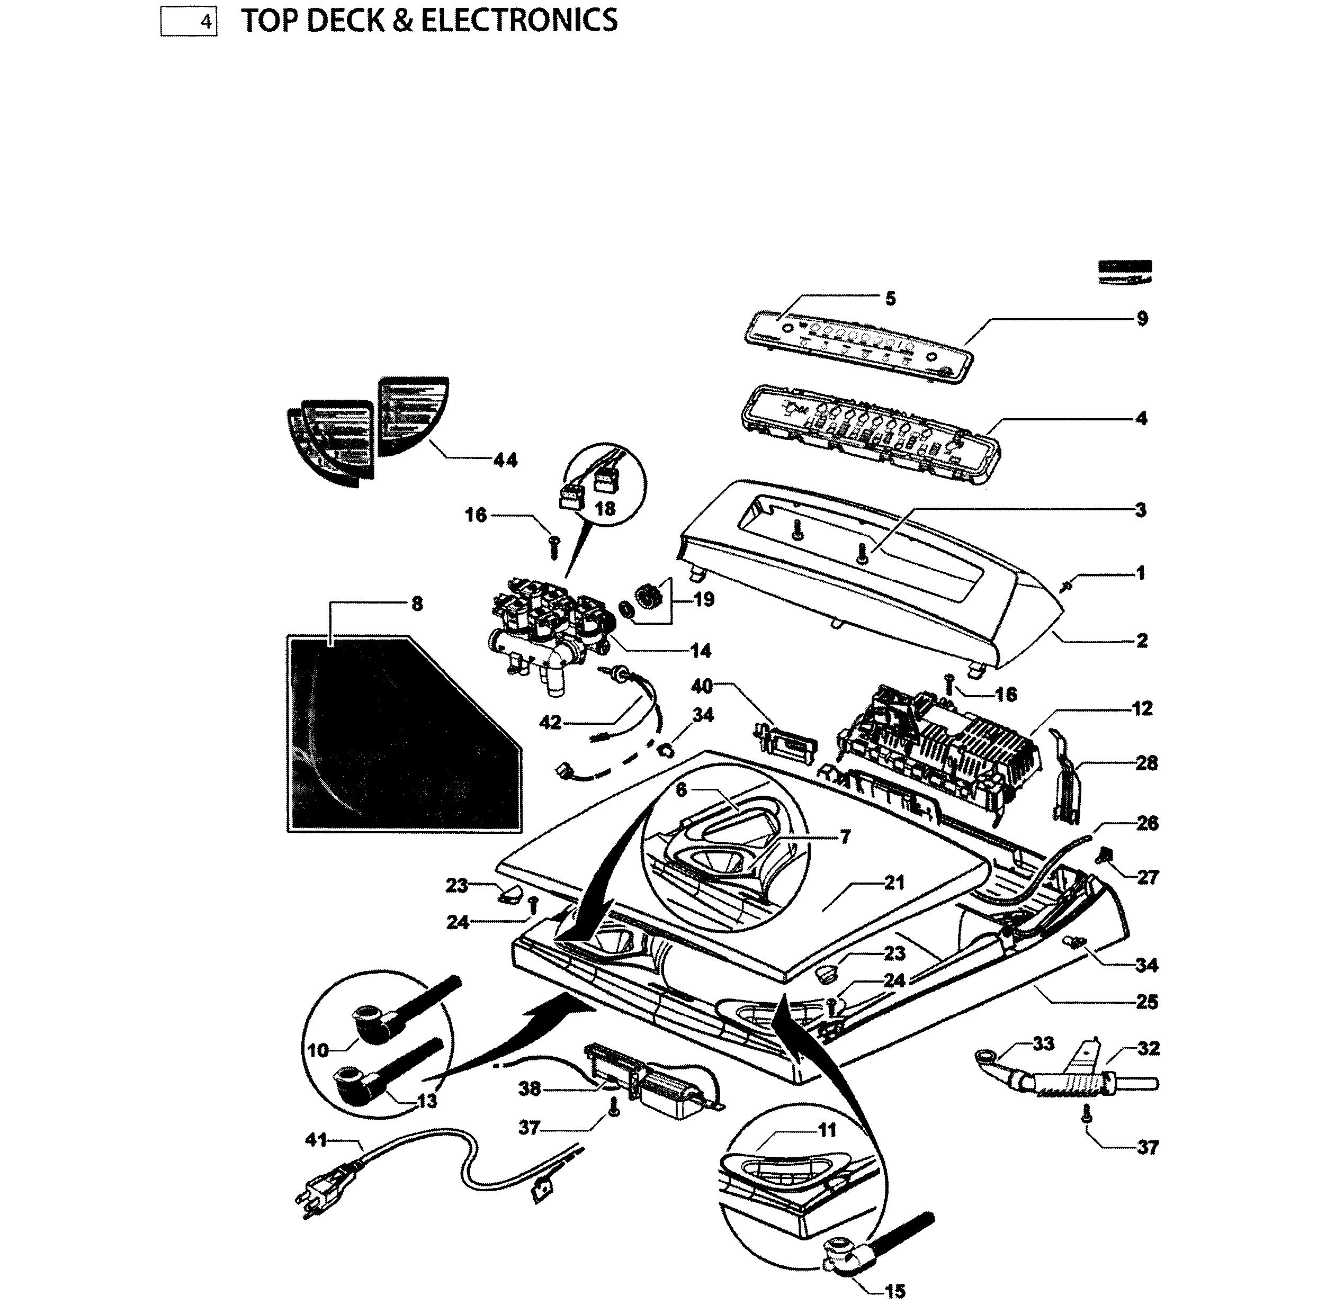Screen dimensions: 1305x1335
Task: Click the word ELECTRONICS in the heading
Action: (518, 21)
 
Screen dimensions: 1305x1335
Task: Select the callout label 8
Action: (417, 604)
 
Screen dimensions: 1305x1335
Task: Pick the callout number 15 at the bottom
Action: (895, 1291)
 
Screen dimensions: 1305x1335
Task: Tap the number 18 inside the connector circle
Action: (605, 509)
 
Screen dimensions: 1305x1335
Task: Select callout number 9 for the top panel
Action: (1142, 319)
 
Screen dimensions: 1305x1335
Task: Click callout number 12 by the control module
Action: (1142, 709)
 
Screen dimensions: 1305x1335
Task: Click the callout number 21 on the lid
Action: (893, 883)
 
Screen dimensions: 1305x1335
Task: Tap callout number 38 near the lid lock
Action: (530, 1088)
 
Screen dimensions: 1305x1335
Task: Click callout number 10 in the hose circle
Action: (318, 1050)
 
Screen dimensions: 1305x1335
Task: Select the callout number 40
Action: (702, 686)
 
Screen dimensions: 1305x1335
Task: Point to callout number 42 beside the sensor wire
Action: (551, 723)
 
